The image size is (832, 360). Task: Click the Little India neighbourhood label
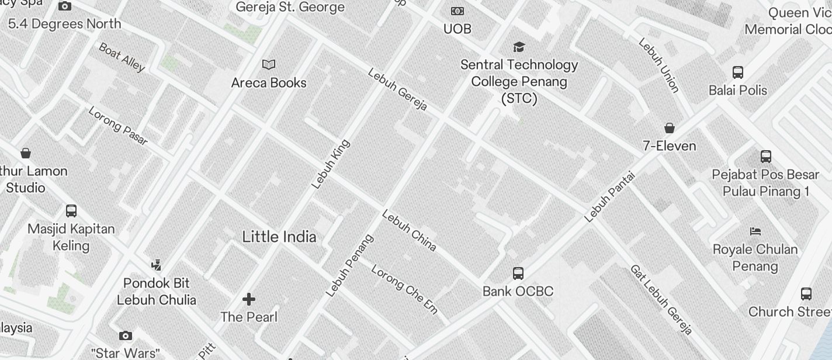click(279, 237)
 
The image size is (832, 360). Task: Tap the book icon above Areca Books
click(269, 64)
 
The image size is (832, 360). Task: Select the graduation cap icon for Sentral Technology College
click(518, 47)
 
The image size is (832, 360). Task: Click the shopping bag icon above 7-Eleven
click(670, 128)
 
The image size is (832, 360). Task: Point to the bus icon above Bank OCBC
click(518, 273)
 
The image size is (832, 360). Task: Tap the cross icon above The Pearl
click(249, 299)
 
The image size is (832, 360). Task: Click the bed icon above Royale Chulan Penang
click(755, 231)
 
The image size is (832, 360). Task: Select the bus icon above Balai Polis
click(738, 72)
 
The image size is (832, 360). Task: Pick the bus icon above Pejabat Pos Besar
click(766, 156)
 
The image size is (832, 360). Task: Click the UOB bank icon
click(457, 11)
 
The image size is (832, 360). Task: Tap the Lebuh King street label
click(331, 164)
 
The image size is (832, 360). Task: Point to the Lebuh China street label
click(409, 230)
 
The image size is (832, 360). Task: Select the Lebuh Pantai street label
click(609, 196)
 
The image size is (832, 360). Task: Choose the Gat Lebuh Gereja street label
click(661, 300)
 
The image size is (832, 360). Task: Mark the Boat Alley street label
click(122, 57)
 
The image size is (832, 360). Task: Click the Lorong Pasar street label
click(117, 125)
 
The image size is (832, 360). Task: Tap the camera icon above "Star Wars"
click(125, 335)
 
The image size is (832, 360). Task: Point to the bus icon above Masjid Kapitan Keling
click(71, 211)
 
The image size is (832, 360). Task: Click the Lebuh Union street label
click(658, 65)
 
